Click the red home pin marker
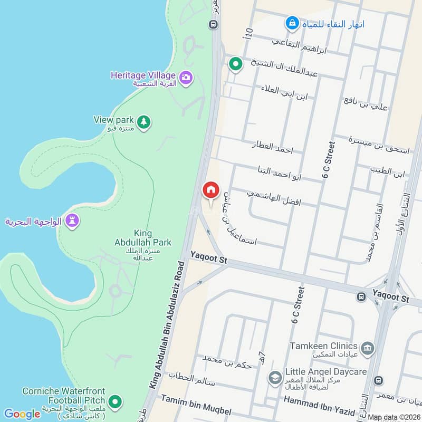tap(210, 190)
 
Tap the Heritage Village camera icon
tap(185, 78)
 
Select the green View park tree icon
tap(144, 122)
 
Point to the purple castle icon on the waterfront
tap(72, 221)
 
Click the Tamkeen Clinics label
tap(324, 347)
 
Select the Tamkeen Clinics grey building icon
tap(367, 347)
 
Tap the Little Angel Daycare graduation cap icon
tap(274, 377)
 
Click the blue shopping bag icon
tap(291, 23)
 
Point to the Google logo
tap(22, 414)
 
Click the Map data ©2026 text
tap(393, 417)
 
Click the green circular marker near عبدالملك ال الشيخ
tap(235, 64)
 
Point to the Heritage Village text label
tap(143, 75)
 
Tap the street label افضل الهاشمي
tap(274, 198)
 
